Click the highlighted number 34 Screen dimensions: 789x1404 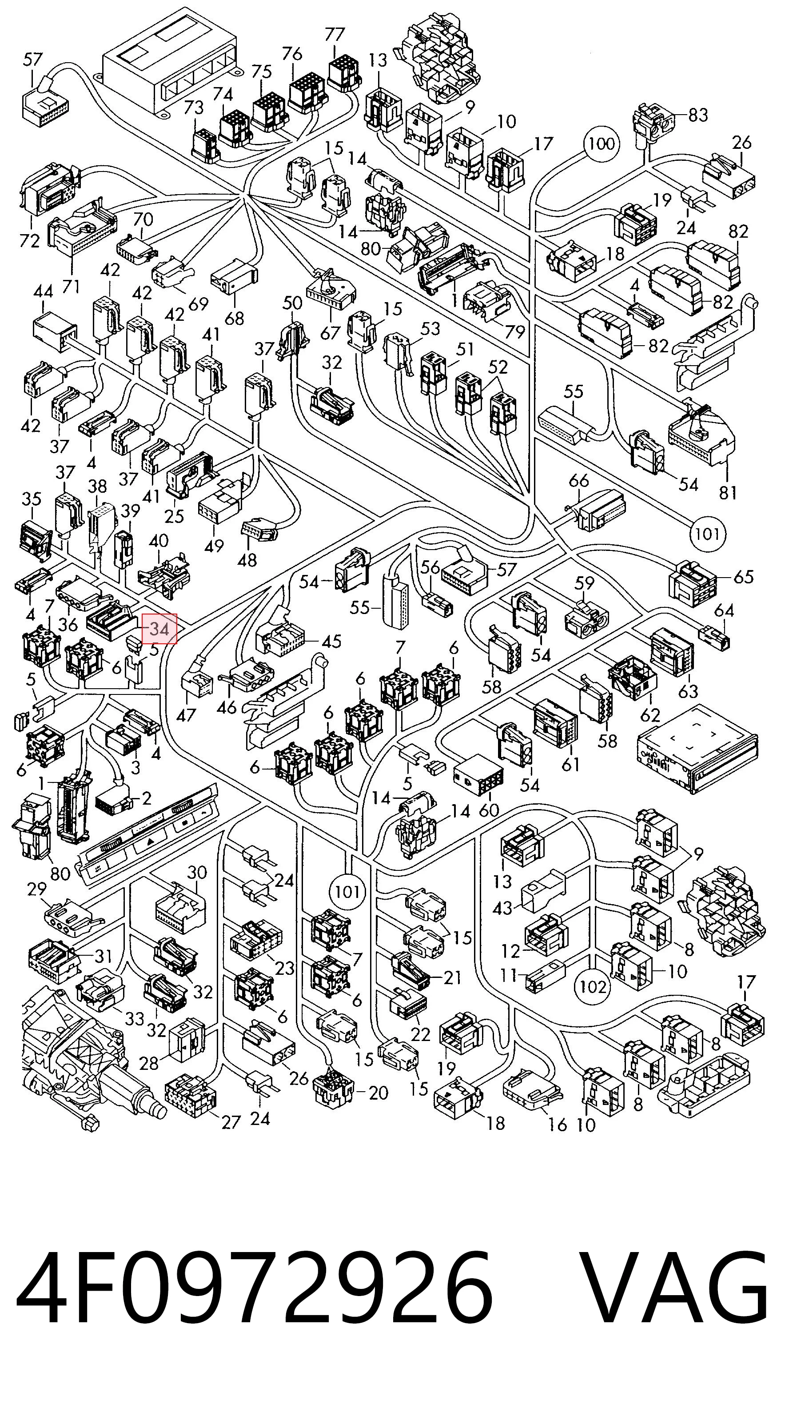(159, 628)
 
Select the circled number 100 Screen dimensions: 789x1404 (602, 144)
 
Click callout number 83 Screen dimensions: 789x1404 (698, 115)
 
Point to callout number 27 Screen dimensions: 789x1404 (231, 1106)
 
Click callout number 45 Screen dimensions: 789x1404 (331, 641)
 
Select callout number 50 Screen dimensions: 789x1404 (293, 303)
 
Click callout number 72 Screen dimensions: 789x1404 (29, 240)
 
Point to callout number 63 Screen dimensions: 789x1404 (688, 690)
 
